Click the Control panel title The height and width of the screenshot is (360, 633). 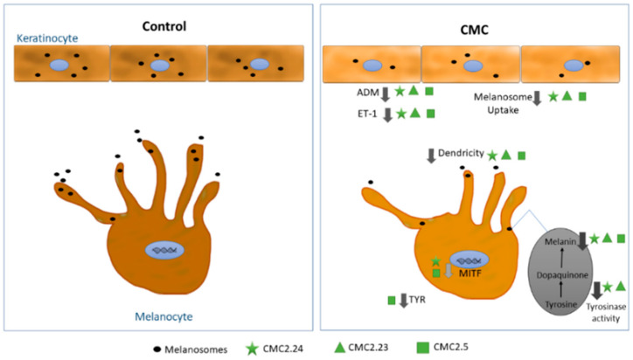(165, 25)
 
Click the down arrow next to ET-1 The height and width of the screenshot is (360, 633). (386, 114)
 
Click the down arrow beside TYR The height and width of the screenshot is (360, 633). (405, 301)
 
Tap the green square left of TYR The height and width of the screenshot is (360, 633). (391, 301)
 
